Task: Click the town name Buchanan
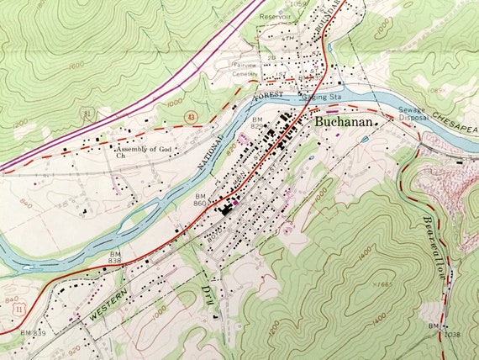[x=345, y=121]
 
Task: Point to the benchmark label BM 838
[x=114, y=257]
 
